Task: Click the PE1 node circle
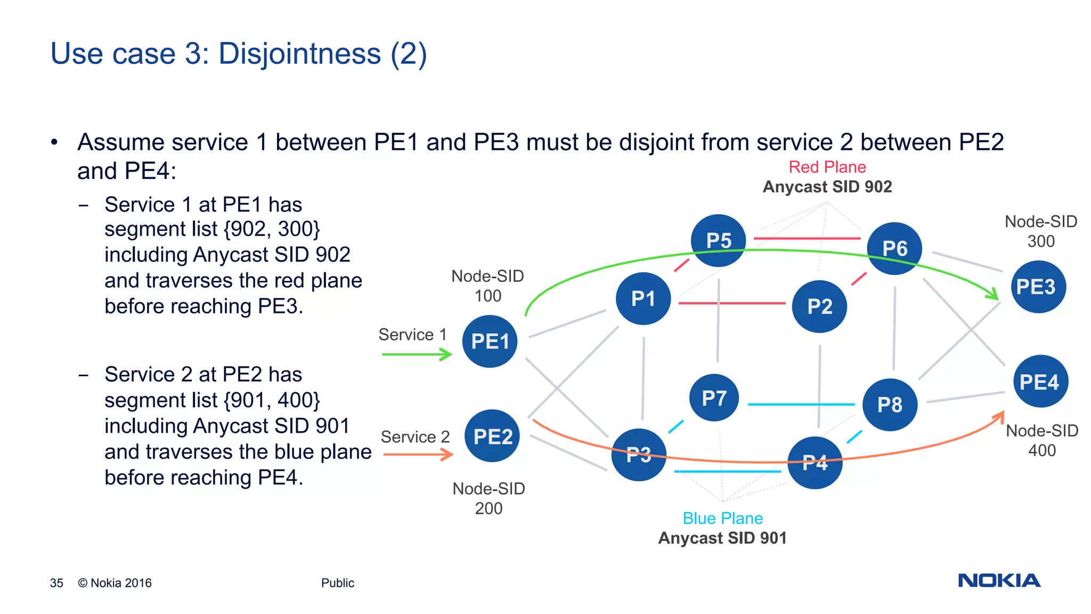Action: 490,341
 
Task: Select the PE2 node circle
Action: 492,436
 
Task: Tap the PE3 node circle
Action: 1038,287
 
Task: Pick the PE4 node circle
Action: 1040,382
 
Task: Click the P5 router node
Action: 718,240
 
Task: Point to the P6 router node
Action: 894,248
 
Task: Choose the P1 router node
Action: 643,298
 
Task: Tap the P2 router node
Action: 819,306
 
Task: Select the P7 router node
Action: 714,398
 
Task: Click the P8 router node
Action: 890,405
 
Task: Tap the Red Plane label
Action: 827,167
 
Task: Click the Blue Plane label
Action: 722,518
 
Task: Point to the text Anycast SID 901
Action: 722,538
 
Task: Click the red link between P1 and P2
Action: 731,303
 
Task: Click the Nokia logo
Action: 999,580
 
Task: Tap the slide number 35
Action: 56,583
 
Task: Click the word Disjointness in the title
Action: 300,54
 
